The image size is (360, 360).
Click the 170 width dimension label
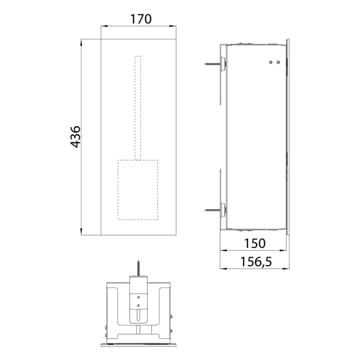pyautogui.click(x=140, y=19)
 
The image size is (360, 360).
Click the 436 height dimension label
pyautogui.click(x=75, y=137)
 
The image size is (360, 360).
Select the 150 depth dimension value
pyautogui.click(x=255, y=243)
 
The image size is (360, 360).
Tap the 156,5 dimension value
pyautogui.click(x=256, y=262)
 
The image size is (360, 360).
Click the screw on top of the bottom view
pyautogui.click(x=138, y=268)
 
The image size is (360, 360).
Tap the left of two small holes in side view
pyautogui.click(x=271, y=62)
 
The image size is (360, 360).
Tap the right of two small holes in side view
pyautogui.click(x=278, y=62)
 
